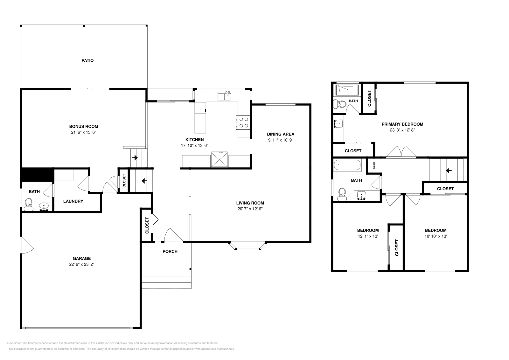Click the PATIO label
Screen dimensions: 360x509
(87, 60)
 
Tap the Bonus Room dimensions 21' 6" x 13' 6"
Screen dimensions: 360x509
(84, 132)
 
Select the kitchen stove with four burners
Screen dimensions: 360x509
(244, 122)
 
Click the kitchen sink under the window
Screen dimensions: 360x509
(224, 95)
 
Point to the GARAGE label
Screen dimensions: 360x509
(82, 259)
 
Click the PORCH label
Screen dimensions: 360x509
(170, 252)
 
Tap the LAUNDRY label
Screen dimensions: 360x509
(73, 201)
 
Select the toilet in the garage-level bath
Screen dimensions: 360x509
(29, 204)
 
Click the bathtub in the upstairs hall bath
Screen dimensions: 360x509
(347, 165)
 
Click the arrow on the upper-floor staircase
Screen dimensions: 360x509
(449, 171)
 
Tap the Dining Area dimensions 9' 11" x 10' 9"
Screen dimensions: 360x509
(280, 140)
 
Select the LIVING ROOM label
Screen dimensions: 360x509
(250, 203)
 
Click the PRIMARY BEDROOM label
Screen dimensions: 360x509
(402, 124)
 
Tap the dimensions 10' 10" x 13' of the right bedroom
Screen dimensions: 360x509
(436, 236)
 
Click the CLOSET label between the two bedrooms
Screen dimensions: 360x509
(397, 248)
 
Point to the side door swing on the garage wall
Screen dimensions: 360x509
(26, 245)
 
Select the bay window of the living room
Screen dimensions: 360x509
(248, 246)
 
